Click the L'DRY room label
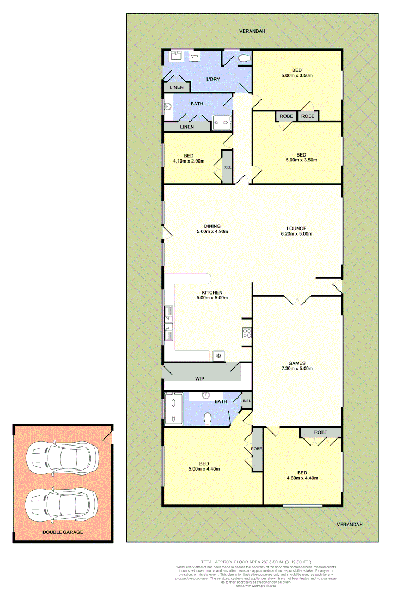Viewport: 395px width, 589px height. (212, 80)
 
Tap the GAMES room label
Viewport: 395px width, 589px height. (297, 363)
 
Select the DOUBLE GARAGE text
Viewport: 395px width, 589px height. (63, 531)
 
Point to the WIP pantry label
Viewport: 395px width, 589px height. (200, 377)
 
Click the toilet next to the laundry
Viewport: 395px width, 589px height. (244, 58)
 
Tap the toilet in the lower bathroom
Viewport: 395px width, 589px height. (208, 419)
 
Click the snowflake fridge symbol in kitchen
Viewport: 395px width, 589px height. (218, 356)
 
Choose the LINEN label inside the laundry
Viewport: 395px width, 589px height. (176, 87)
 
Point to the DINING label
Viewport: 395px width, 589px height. (212, 226)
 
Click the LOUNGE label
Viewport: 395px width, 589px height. (297, 229)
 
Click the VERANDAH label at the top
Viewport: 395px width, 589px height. (252, 31)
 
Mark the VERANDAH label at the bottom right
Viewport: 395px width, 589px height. (349, 524)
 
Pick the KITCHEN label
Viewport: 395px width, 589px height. (212, 292)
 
